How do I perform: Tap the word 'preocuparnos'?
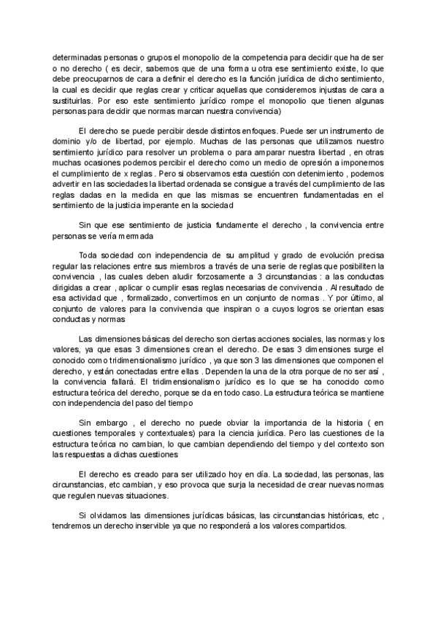98,79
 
